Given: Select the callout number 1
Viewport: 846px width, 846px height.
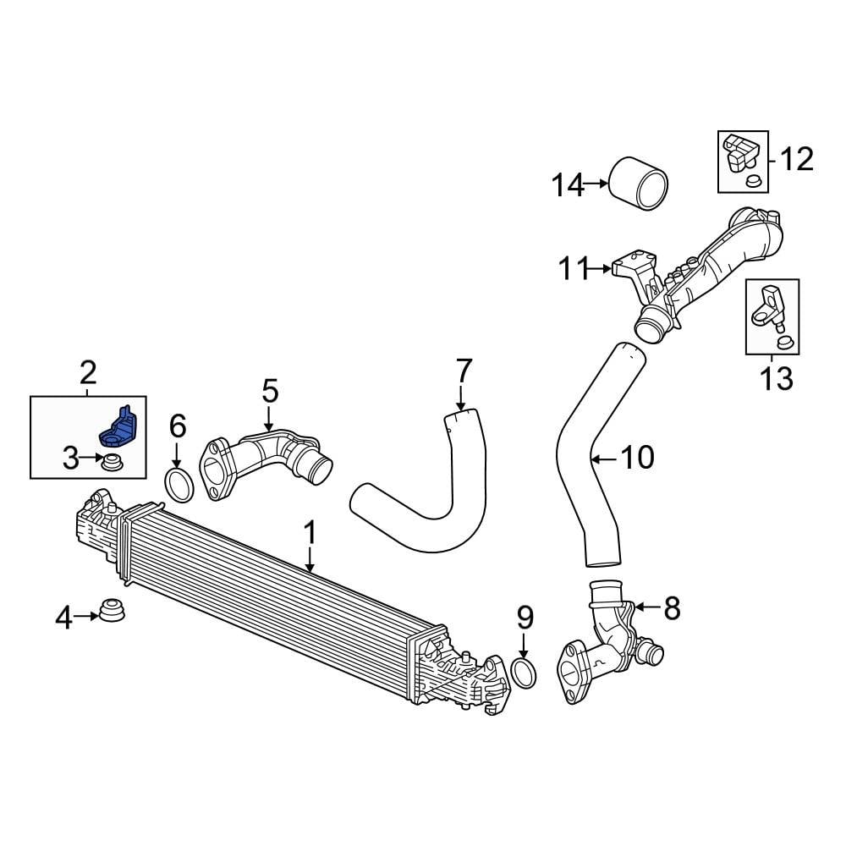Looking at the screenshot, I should [310, 532].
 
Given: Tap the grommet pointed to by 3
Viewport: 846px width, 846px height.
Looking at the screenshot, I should [109, 463].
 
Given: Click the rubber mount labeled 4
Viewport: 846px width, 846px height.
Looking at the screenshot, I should [110, 611].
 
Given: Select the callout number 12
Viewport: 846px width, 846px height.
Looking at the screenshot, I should [795, 158].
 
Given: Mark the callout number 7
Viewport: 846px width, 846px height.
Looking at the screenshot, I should [463, 370].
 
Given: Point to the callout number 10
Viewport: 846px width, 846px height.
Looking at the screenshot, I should [637, 458].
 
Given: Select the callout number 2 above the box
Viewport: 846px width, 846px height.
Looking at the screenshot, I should [88, 371].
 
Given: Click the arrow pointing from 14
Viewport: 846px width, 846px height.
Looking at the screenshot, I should [597, 184].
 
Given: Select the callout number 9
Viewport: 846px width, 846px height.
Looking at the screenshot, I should [525, 617].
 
